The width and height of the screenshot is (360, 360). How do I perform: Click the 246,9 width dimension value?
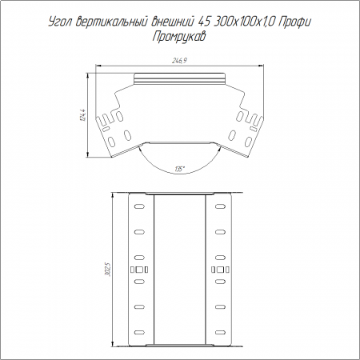point(179,61)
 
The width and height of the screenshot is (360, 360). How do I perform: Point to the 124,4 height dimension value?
point(83,115)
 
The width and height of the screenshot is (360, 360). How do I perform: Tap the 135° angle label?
point(180,169)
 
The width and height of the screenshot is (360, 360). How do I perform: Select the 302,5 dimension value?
point(107,269)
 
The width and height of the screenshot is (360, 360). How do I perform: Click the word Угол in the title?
point(61,22)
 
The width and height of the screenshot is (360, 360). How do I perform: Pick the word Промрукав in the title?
point(179,37)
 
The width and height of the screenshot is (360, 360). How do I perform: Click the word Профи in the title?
point(294,22)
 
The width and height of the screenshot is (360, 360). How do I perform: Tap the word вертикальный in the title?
point(112,22)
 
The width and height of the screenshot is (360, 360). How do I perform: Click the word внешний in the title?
point(172,22)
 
